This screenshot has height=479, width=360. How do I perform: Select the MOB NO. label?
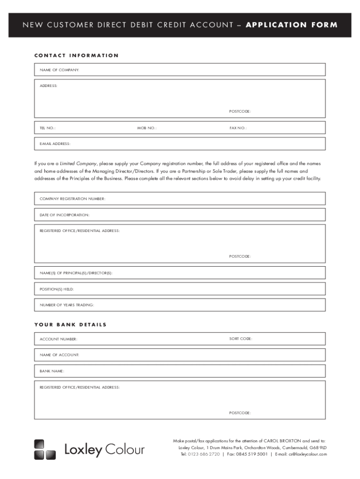[x=147, y=128]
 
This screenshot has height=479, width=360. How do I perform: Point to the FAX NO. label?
[x=238, y=128]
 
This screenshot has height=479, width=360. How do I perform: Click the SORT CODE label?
[x=241, y=338]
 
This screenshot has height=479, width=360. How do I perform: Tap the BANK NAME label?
[x=52, y=371]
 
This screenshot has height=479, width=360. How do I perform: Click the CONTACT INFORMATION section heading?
[x=76, y=56]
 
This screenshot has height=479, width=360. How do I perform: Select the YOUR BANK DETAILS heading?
[x=70, y=325]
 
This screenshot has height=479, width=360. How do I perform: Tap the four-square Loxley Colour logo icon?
[x=45, y=450]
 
